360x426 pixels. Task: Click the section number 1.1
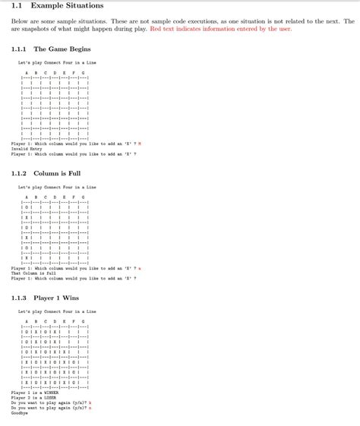17,6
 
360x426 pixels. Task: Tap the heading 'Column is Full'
57,173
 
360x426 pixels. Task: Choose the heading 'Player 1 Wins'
56,298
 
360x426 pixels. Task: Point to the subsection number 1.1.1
20,49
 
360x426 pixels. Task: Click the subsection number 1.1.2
20,173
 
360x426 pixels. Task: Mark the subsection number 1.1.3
20,298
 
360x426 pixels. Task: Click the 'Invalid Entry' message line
25,148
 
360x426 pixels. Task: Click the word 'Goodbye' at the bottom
18,413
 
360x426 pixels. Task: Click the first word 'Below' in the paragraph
19,22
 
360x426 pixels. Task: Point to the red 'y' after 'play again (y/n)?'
90,402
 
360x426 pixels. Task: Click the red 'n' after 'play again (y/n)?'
90,408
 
